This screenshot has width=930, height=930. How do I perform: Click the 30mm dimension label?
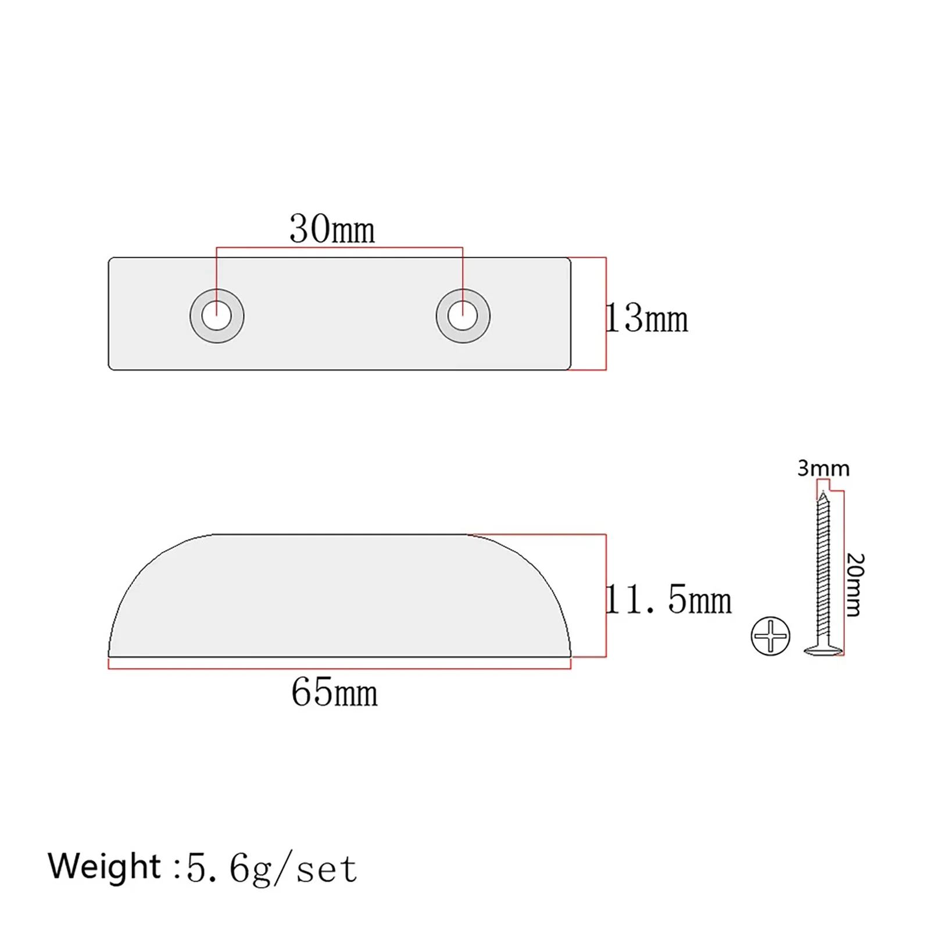pos(332,229)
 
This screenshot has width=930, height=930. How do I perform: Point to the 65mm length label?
pos(334,692)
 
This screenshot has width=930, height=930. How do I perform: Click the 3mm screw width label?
pos(823,468)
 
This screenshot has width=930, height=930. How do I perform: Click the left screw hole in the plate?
pos(217,316)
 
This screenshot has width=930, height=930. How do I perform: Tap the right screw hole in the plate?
pos(463,316)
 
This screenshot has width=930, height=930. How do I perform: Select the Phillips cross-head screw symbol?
pos(770,635)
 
